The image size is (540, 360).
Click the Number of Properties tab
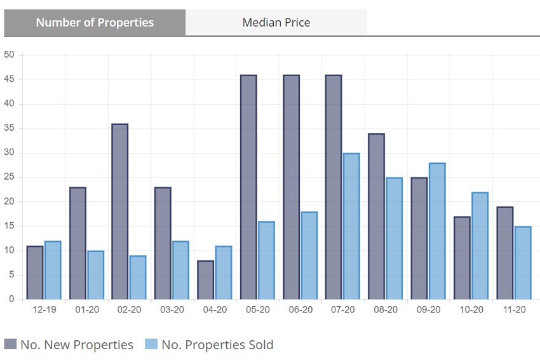click(95, 22)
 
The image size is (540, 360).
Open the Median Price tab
click(276, 22)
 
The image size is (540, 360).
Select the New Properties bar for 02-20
click(119, 211)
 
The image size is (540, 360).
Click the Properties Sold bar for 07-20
click(351, 226)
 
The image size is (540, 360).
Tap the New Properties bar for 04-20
click(205, 279)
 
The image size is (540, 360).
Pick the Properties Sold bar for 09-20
click(436, 231)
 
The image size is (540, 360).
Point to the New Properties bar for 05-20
click(248, 187)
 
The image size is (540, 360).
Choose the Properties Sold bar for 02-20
click(137, 277)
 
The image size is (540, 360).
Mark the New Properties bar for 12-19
click(34, 272)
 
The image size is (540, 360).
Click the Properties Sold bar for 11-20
click(522, 263)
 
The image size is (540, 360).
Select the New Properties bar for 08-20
click(376, 217)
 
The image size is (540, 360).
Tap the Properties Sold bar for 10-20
click(480, 246)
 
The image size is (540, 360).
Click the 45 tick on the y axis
click(9, 79)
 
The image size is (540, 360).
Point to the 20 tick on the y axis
click(9, 202)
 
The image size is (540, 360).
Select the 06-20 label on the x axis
click(300, 310)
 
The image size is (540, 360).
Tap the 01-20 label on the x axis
click(86, 310)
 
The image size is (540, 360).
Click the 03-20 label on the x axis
click(172, 310)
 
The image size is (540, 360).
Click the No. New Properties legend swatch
click(10, 345)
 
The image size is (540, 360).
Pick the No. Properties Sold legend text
click(217, 345)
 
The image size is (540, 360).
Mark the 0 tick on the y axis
click(11, 300)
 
